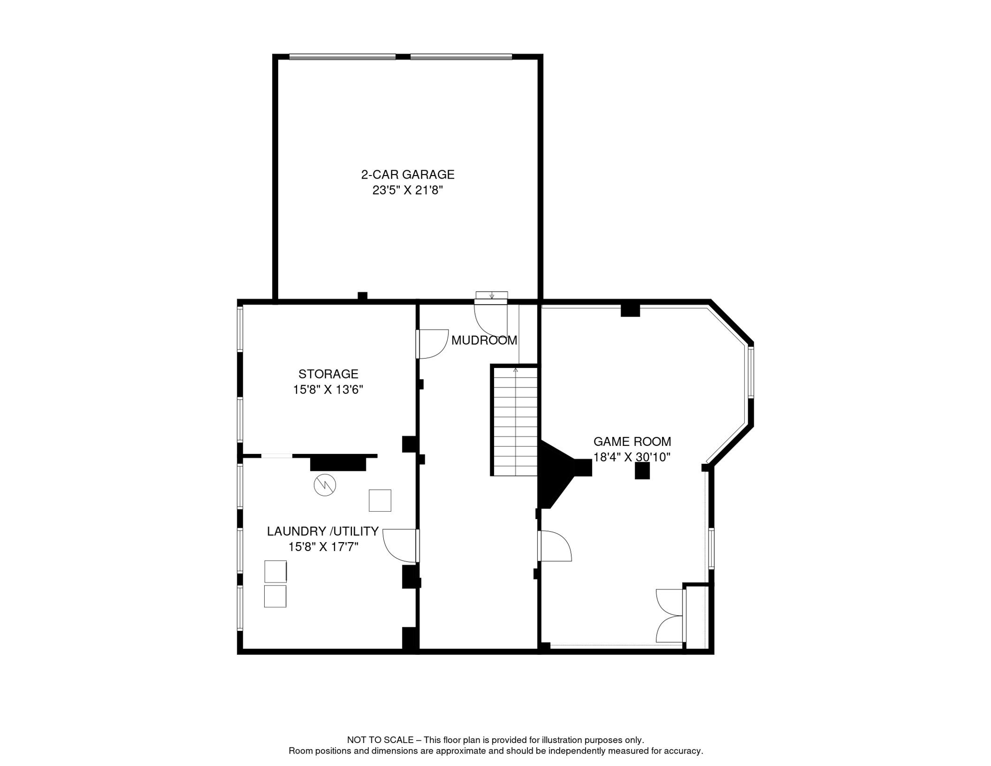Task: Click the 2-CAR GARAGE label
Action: [x=408, y=175]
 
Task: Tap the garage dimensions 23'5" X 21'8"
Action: [x=408, y=190]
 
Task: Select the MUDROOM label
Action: [x=484, y=341]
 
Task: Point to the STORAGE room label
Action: [x=329, y=374]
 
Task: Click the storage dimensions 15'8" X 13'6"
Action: [x=328, y=389]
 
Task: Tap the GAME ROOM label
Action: [x=632, y=441]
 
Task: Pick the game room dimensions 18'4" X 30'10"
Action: [x=632, y=457]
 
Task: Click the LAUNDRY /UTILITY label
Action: [x=323, y=531]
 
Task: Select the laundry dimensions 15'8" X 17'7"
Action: [x=323, y=547]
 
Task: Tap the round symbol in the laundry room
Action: [x=325, y=485]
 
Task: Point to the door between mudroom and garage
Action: [x=491, y=320]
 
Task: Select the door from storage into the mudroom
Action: [x=432, y=344]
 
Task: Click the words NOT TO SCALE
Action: [x=380, y=740]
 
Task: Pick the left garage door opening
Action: [x=342, y=57]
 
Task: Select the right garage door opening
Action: [x=461, y=57]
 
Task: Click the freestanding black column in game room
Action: [x=642, y=471]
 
